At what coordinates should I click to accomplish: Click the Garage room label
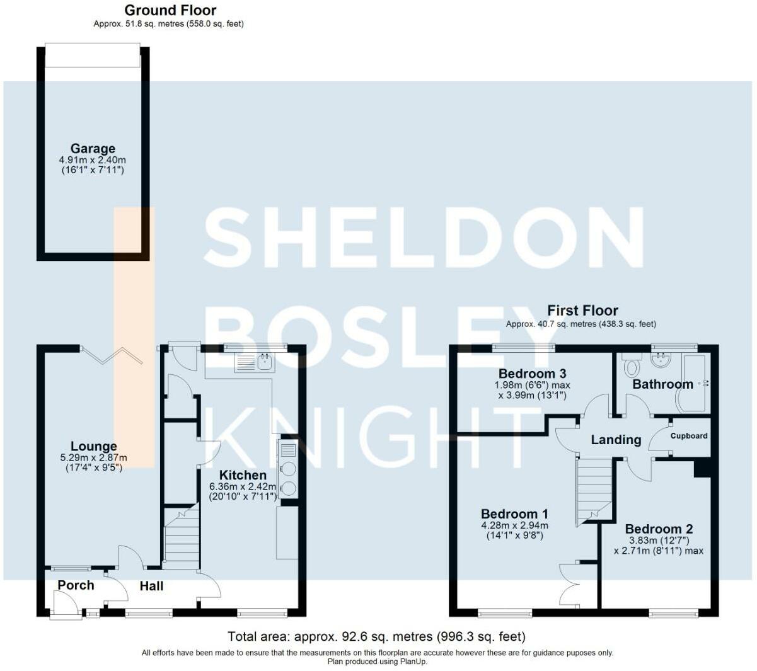coord(93,149)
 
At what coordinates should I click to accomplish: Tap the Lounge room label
coord(94,446)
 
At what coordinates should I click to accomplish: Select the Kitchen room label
coord(243,475)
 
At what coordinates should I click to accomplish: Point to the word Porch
coord(76,585)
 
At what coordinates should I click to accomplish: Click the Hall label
coord(151,586)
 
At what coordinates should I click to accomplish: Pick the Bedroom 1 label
coord(514,514)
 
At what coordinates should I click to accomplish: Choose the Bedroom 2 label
coord(659,529)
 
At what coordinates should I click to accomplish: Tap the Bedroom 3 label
coord(532,374)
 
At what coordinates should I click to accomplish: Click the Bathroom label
coord(663,384)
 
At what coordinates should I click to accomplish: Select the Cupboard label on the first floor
coord(689,436)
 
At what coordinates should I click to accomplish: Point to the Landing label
coord(616,440)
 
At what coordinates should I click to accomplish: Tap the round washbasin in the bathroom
coord(661,359)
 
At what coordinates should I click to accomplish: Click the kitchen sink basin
coord(265,362)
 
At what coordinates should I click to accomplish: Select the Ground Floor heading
coord(170,10)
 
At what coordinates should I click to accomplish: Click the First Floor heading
coord(582,311)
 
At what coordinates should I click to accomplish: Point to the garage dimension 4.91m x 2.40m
coord(92,160)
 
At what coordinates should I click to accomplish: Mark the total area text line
coord(377,636)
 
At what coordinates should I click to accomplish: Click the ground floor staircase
coord(182,536)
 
